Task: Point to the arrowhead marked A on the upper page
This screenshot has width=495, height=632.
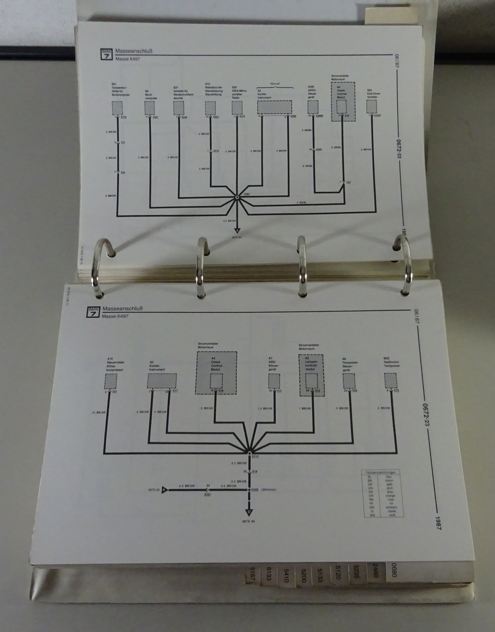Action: click(x=237, y=231)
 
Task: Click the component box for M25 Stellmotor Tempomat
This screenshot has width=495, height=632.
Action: click(x=391, y=381)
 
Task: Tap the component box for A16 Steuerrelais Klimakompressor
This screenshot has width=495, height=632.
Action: click(x=111, y=381)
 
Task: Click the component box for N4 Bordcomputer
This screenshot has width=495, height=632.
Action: click(x=150, y=107)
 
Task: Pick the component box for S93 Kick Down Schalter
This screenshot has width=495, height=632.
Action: click(x=371, y=106)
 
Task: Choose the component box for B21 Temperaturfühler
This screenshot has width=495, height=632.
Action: click(x=117, y=107)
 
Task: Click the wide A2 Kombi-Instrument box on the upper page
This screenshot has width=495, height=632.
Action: click(x=274, y=107)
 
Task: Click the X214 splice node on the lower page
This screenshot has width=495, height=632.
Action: click(x=249, y=452)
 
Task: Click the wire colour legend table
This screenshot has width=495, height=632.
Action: click(x=383, y=493)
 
